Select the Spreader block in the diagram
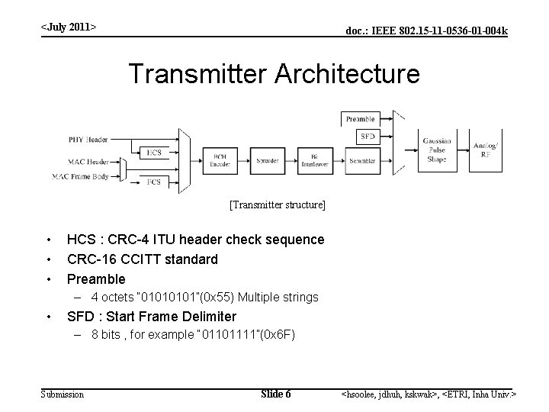click(268, 161)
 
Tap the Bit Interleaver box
click(315, 161)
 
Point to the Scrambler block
click(362, 161)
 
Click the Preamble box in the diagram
click(361, 119)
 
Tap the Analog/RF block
click(484, 150)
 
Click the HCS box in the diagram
click(154, 153)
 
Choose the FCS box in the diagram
click(154, 181)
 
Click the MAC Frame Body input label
click(82, 176)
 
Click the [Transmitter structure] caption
click(278, 205)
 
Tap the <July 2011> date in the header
click(69, 27)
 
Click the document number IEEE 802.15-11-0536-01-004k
click(427, 31)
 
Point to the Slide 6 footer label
click(275, 394)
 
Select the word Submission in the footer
click(63, 394)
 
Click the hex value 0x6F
click(279, 334)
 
